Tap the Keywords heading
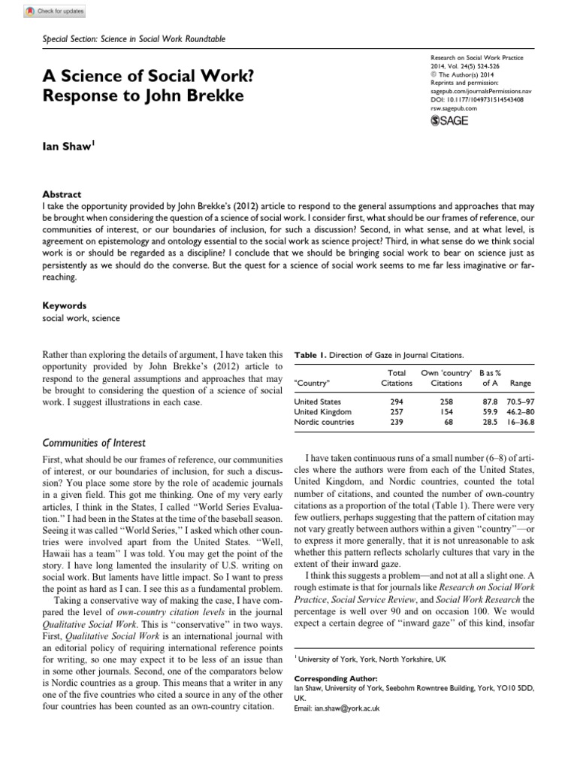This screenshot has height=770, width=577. pos(64,306)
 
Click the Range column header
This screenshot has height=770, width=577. pos(520,383)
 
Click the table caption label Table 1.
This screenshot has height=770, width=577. pos(311,354)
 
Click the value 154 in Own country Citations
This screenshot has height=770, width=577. pos(449,412)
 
